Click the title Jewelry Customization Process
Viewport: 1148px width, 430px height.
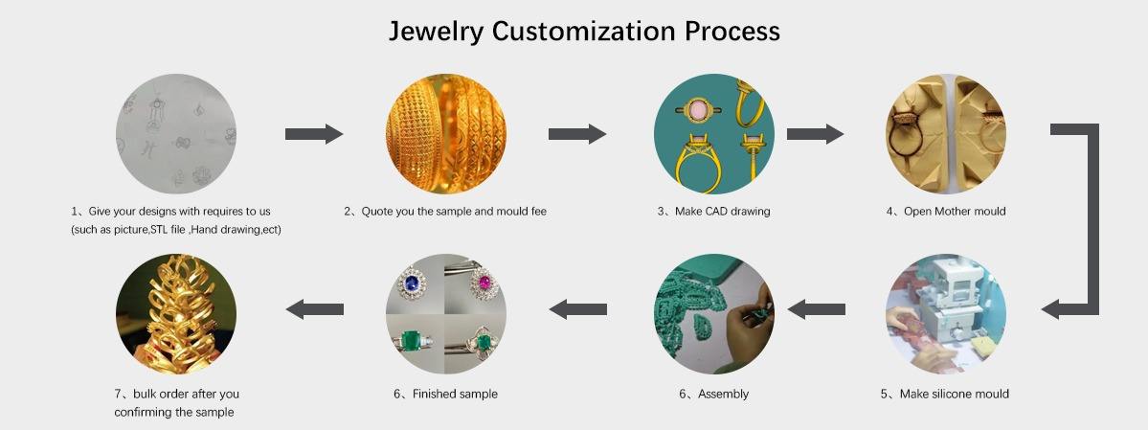[x=584, y=31]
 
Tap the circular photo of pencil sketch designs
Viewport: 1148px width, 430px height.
[x=176, y=134]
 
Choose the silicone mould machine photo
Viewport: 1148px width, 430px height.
[x=945, y=313]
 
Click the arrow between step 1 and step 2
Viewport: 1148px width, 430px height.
[x=313, y=134]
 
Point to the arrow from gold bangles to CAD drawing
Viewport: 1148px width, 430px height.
[x=576, y=134]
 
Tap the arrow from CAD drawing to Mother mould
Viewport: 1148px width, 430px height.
[x=815, y=134]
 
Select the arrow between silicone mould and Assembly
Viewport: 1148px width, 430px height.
[x=816, y=308]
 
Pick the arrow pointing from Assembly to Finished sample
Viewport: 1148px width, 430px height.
[x=576, y=308]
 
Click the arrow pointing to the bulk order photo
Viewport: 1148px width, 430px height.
[x=315, y=308]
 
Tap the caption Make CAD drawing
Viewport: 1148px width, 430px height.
[x=713, y=211]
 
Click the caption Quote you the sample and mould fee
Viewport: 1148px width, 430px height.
[x=445, y=211]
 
